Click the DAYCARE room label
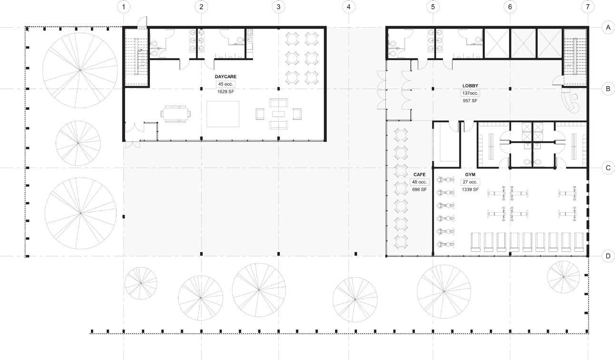click(226, 77)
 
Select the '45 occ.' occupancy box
click(226, 84)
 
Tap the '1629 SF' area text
click(226, 92)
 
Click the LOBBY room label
click(470, 86)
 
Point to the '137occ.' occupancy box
click(470, 93)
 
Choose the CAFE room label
click(419, 175)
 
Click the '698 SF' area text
click(419, 190)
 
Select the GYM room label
click(470, 175)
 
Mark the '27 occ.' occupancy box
click(470, 182)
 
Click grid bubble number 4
click(349, 7)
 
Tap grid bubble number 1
click(124, 7)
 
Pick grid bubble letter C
click(608, 168)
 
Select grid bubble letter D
click(608, 256)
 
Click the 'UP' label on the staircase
click(140, 51)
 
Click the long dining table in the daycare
click(176, 114)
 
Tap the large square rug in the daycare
click(223, 114)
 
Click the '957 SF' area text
click(470, 101)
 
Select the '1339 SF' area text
click(470, 190)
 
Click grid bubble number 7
click(587, 7)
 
